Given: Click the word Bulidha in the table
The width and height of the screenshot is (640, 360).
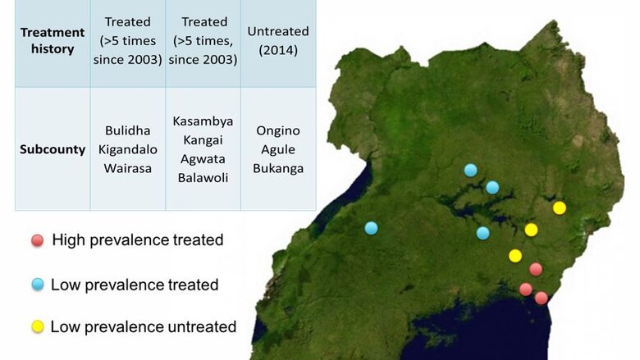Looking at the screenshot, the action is coord(128,130).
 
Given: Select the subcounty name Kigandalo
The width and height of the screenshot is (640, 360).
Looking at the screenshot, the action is coord(128,149).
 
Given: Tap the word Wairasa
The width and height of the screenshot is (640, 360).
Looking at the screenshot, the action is coord(128,168).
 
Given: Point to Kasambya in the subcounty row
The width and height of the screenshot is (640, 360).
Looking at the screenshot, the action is coord(203,121).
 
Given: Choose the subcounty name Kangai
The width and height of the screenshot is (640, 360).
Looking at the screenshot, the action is coord(203,140).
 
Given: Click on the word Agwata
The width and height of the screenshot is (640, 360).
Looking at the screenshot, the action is coord(203,159).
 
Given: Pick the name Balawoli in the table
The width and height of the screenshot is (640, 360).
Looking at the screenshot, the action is coord(203,178).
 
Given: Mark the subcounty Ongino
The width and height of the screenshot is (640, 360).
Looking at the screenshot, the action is coord(278,131).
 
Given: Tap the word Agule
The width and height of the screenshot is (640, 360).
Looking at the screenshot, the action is coord(278,149).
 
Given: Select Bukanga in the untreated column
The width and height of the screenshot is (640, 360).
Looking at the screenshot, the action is coord(278,168).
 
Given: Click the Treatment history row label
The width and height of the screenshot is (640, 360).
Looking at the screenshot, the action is coord(53,40).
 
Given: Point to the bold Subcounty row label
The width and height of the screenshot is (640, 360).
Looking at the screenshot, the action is coord(53,149).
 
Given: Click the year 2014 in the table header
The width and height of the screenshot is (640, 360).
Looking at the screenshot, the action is coord(278,50).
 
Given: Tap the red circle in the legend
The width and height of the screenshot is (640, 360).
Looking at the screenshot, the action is coord(38,240).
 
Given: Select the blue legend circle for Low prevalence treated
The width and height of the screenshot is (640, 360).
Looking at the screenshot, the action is coord(38,285).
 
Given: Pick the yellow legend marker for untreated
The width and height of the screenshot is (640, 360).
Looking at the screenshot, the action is coord(38,326).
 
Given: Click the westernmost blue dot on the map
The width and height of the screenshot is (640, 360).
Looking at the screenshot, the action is coord(371,228).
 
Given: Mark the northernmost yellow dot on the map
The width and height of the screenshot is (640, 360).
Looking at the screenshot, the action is coord(560,208).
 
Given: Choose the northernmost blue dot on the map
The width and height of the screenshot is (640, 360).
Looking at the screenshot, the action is coord(471,170).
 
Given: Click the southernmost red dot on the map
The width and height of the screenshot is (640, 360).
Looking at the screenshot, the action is coord(542,298).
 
